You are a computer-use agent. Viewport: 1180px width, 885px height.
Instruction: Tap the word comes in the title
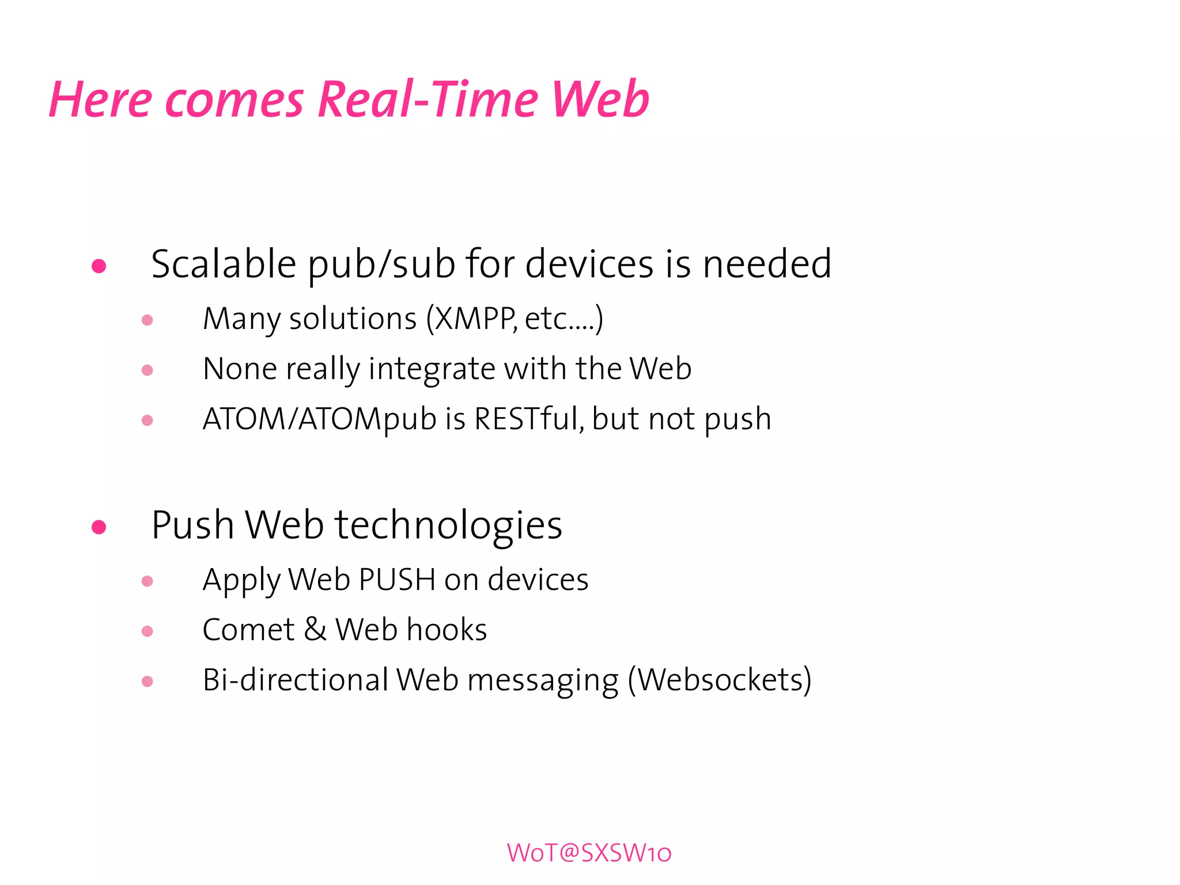click(234, 100)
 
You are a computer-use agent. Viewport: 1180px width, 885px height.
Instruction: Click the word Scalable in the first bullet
click(224, 264)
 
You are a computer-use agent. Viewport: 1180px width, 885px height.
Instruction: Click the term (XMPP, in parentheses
click(471, 319)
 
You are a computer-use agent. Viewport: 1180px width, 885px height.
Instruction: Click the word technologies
click(448, 525)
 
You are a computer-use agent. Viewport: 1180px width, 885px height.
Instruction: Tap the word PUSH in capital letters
click(396, 580)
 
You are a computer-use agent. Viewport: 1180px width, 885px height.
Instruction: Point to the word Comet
click(248, 630)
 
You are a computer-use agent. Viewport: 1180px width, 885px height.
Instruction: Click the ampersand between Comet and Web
click(315, 630)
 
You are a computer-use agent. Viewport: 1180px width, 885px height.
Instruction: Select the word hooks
click(447, 630)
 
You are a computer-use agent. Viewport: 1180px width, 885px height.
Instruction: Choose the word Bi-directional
click(296, 680)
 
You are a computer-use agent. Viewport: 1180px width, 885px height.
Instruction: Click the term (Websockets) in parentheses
click(720, 680)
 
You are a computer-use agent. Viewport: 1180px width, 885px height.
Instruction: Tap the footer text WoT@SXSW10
click(589, 853)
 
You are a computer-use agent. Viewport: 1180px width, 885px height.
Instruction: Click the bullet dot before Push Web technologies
click(99, 527)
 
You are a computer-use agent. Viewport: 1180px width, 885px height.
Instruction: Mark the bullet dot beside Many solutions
click(147, 320)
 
